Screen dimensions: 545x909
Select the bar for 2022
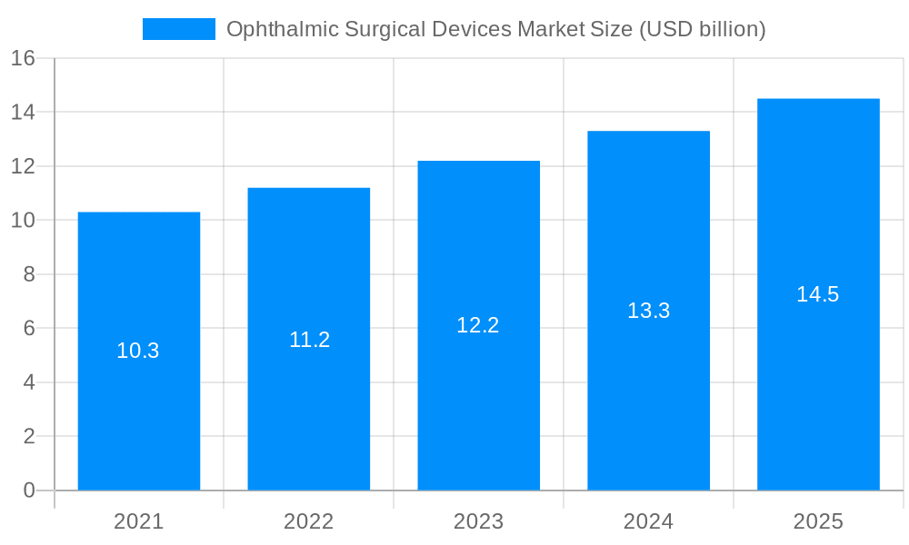[309, 409]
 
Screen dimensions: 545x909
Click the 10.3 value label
[138, 351]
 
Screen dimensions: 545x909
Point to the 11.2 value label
[309, 340]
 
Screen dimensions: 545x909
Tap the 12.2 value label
[478, 325]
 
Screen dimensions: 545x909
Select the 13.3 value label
[648, 311]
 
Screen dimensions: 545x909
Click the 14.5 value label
[818, 294]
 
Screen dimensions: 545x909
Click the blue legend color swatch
[179, 29]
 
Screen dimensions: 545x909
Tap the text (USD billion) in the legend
[703, 30]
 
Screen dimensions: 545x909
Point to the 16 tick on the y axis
[23, 58]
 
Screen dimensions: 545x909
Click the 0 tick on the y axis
[29, 490]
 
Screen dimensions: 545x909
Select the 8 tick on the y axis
[29, 274]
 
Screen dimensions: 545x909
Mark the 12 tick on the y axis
[23, 166]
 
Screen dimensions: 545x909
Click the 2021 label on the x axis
[139, 521]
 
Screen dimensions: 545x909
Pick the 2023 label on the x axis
[478, 521]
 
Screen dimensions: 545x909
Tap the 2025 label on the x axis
[818, 521]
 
